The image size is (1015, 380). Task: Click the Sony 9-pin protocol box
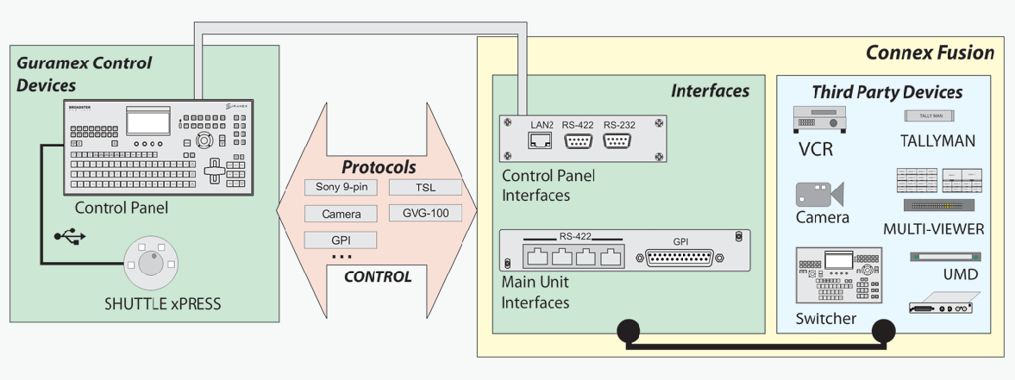tap(341, 188)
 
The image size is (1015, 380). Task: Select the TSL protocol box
tap(425, 188)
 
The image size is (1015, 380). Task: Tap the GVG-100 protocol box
tap(425, 213)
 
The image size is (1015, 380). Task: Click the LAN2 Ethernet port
tap(540, 141)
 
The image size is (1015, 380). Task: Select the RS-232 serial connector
tap(618, 141)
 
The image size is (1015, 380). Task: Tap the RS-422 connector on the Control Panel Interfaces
tap(579, 141)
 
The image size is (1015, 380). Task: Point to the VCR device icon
tap(819, 120)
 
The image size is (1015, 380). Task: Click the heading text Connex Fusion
tap(930, 53)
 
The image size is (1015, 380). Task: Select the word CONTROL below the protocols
tap(378, 277)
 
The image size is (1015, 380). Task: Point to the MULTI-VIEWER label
tap(933, 229)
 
